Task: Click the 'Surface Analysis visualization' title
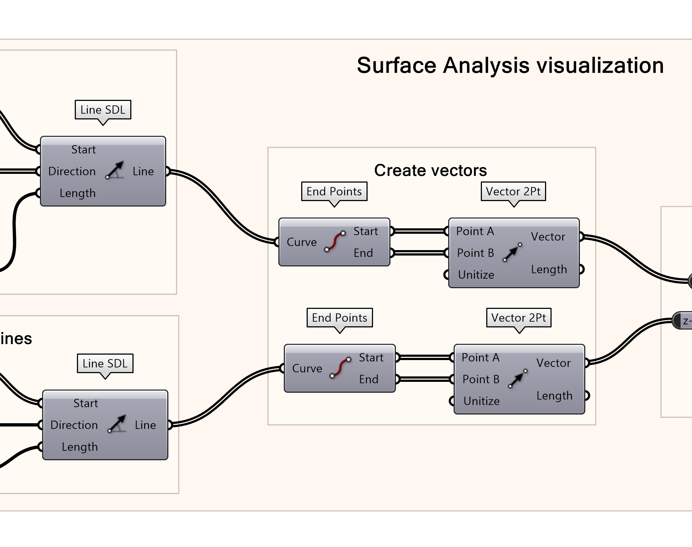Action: [x=510, y=66]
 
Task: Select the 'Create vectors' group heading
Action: [x=430, y=170]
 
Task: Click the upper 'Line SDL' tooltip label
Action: [x=103, y=110]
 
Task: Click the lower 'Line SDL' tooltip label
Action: [x=105, y=363]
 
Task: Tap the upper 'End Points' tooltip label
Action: [x=334, y=191]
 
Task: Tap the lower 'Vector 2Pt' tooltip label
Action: [x=518, y=318]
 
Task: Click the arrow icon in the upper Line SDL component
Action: [x=115, y=170]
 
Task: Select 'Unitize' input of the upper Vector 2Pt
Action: [x=476, y=275]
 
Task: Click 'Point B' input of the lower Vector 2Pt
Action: [x=480, y=379]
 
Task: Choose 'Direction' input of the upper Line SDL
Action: [x=72, y=171]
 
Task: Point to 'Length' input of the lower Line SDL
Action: [x=79, y=447]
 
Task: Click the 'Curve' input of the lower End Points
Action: [x=307, y=368]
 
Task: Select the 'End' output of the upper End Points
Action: [x=363, y=253]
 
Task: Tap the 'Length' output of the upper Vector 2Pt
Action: [x=549, y=269]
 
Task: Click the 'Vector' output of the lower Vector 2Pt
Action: [x=553, y=363]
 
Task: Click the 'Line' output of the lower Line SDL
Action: [x=145, y=425]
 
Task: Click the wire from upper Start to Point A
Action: [x=419, y=231]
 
